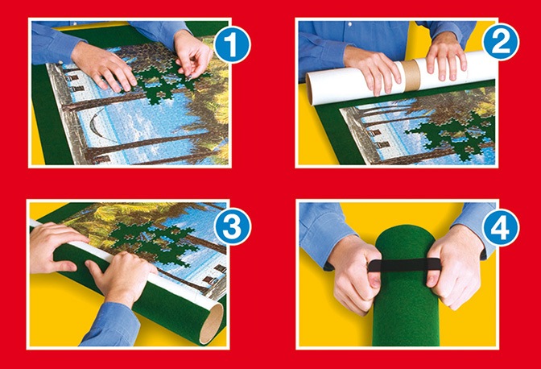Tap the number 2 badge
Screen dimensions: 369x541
point(502,44)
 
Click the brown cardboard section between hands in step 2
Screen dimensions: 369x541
point(411,77)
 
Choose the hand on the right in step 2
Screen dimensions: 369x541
point(447,56)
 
